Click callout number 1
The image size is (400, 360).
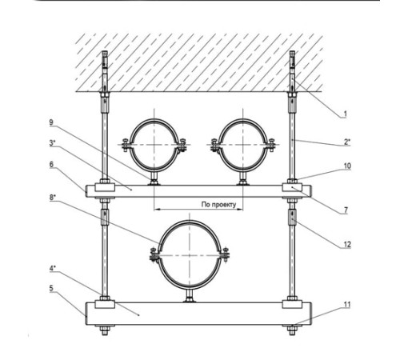[x=345, y=114]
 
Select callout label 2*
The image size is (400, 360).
[x=346, y=142]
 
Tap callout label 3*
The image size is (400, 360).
[x=52, y=143]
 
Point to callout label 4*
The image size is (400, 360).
[x=52, y=268]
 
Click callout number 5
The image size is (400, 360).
[x=51, y=288]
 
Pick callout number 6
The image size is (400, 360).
[x=51, y=164]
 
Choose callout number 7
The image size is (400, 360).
[x=346, y=210]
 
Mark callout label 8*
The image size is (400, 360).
[x=53, y=198]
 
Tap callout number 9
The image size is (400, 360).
[x=51, y=122]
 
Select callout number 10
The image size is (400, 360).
[x=347, y=166]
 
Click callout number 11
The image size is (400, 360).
[x=347, y=305]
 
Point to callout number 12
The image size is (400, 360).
[x=347, y=245]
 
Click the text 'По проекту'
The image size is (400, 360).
[x=218, y=205]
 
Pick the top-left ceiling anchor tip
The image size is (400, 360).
[x=105, y=52]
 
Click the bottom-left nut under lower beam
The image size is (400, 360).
[x=105, y=330]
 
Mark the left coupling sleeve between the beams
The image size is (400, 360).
[x=105, y=217]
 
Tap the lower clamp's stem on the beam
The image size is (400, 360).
[x=190, y=296]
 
